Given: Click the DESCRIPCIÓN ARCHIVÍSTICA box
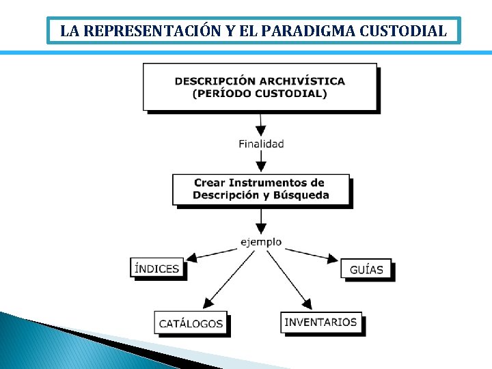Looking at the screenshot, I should pyautogui.click(x=260, y=86).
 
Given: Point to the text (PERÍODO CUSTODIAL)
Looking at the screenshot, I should pyautogui.click(x=260, y=94).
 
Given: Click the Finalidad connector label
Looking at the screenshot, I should pyautogui.click(x=261, y=143).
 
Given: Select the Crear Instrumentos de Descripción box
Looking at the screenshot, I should pyautogui.click(x=260, y=189).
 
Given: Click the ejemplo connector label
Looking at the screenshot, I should pyautogui.click(x=261, y=242).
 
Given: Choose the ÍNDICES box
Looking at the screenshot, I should pyautogui.click(x=157, y=268).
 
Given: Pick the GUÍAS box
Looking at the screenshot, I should pyautogui.click(x=366, y=269).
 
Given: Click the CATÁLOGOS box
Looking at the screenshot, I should pyautogui.click(x=191, y=323).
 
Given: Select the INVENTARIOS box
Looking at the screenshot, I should pyautogui.click(x=320, y=322).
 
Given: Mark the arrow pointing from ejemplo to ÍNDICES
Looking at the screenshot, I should pyautogui.click(x=212, y=254).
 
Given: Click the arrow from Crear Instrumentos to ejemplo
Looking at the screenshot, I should pyautogui.click(x=260, y=221).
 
